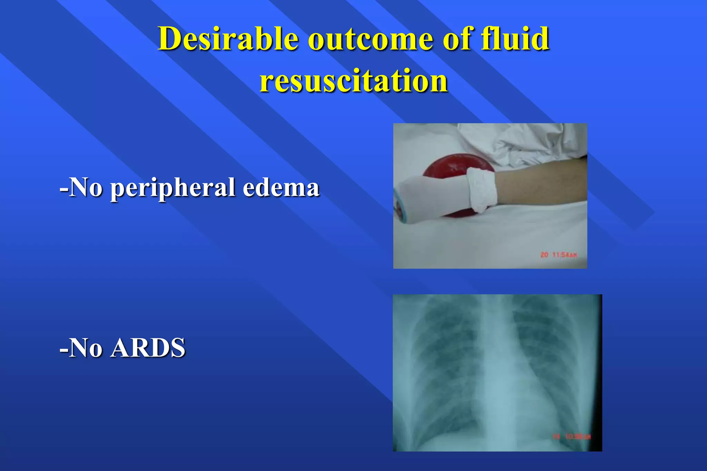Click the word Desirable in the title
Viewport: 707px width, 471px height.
point(228,39)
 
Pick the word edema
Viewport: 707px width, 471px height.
point(281,188)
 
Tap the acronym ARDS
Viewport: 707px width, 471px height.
point(148,348)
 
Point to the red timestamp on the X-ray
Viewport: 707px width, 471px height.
point(572,437)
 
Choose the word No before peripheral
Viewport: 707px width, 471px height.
point(86,188)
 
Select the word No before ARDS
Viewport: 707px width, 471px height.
point(86,348)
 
